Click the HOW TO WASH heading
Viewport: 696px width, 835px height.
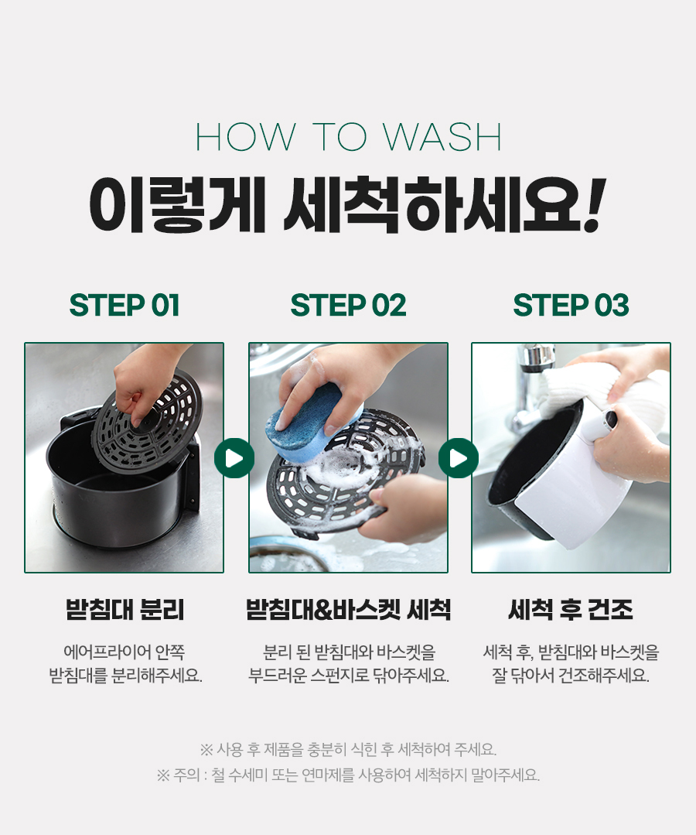pyautogui.click(x=349, y=137)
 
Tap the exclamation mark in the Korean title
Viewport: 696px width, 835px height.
pyautogui.click(x=595, y=204)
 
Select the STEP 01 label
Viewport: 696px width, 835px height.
pyautogui.click(x=125, y=305)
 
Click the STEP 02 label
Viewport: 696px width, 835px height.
pyautogui.click(x=348, y=305)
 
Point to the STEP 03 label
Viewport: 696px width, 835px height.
pyautogui.click(x=571, y=305)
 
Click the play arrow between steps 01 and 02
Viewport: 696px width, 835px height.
pyautogui.click(x=234, y=458)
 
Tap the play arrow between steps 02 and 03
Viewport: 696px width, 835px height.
pyautogui.click(x=458, y=458)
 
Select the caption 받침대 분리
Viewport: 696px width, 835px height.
pyautogui.click(x=125, y=610)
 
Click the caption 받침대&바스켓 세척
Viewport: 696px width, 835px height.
pyautogui.click(x=348, y=610)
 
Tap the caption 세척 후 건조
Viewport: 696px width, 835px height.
pyautogui.click(x=571, y=610)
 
